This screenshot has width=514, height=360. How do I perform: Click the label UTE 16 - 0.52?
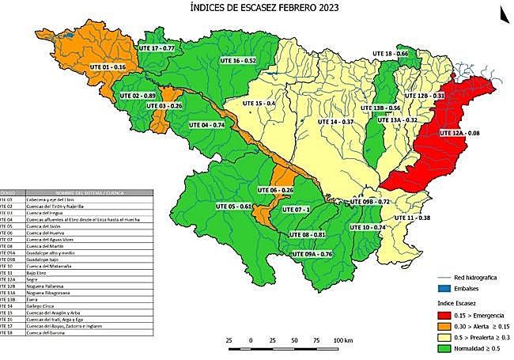pos(238,60)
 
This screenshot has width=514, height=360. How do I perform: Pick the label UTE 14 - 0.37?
pos(335,122)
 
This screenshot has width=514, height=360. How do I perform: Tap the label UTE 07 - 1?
pos(297,209)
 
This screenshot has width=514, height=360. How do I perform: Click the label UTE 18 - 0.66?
pos(391,53)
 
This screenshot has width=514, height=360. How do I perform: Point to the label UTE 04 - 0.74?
pos(207,125)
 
